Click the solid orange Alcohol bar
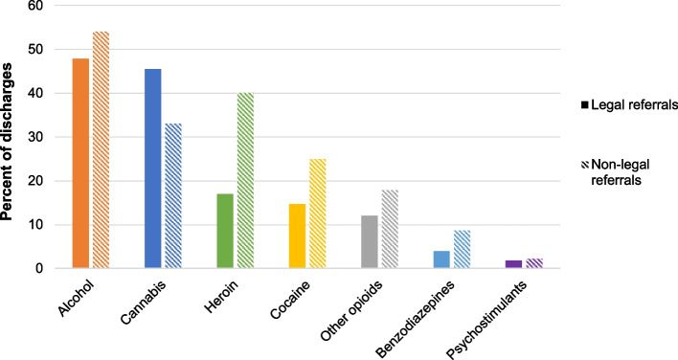[x=80, y=164]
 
